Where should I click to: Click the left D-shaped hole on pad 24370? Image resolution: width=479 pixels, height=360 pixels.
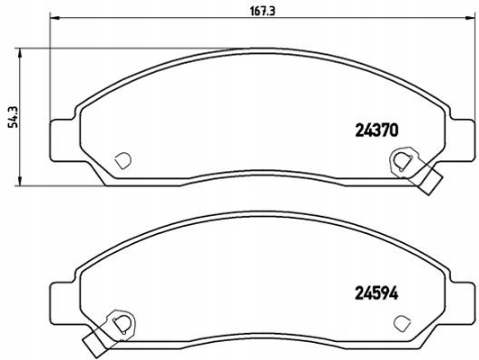point(123,160)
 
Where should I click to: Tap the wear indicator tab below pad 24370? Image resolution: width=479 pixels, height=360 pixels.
point(430,183)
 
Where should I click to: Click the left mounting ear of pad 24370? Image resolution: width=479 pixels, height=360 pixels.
point(60,136)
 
